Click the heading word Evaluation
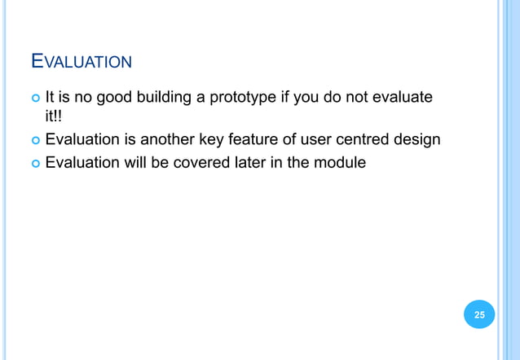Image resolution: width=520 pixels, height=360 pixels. [x=81, y=61]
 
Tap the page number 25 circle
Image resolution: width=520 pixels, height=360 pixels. [x=479, y=314]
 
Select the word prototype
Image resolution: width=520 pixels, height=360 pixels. [x=246, y=99]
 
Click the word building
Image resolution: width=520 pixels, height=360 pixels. [x=167, y=99]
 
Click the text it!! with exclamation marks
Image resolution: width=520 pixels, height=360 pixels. [x=54, y=119]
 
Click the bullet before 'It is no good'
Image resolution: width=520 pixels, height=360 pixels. [x=33, y=99]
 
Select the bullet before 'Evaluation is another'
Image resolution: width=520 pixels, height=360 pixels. [x=33, y=140]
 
